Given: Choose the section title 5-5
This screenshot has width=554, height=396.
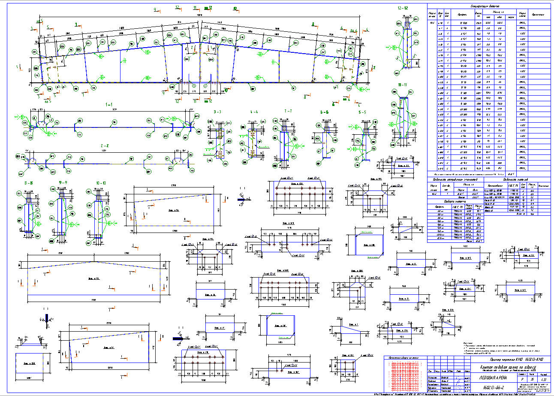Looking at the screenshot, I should [362, 112].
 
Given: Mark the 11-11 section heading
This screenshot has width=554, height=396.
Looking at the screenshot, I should [403, 85].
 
